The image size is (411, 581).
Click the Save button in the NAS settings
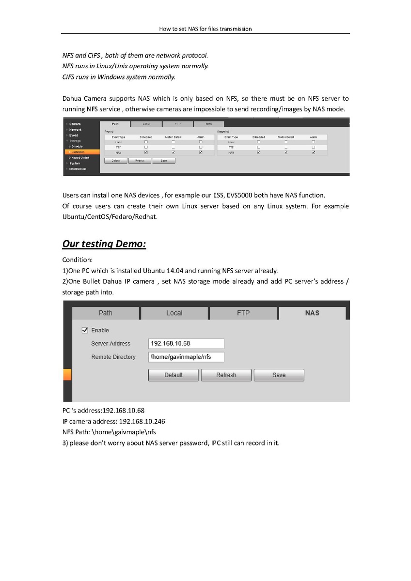point(279,375)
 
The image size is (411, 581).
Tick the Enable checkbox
point(85,330)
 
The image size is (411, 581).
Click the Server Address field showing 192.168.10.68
point(186,344)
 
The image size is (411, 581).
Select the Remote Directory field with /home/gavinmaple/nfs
point(186,357)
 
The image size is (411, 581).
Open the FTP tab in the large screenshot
point(243,313)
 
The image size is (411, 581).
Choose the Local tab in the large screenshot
point(174,313)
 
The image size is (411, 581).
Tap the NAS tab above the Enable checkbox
point(312,313)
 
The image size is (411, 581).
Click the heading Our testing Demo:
point(104,244)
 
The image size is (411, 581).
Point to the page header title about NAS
point(205,29)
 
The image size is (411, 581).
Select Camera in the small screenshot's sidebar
point(75,124)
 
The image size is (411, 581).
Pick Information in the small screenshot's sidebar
point(78,169)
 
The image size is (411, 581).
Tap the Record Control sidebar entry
point(80,158)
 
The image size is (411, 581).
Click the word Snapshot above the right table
point(223,131)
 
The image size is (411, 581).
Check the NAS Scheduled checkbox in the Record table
point(146,153)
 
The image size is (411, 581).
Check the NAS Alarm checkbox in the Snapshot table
point(314,153)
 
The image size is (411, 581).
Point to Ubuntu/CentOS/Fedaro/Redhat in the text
point(110,217)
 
